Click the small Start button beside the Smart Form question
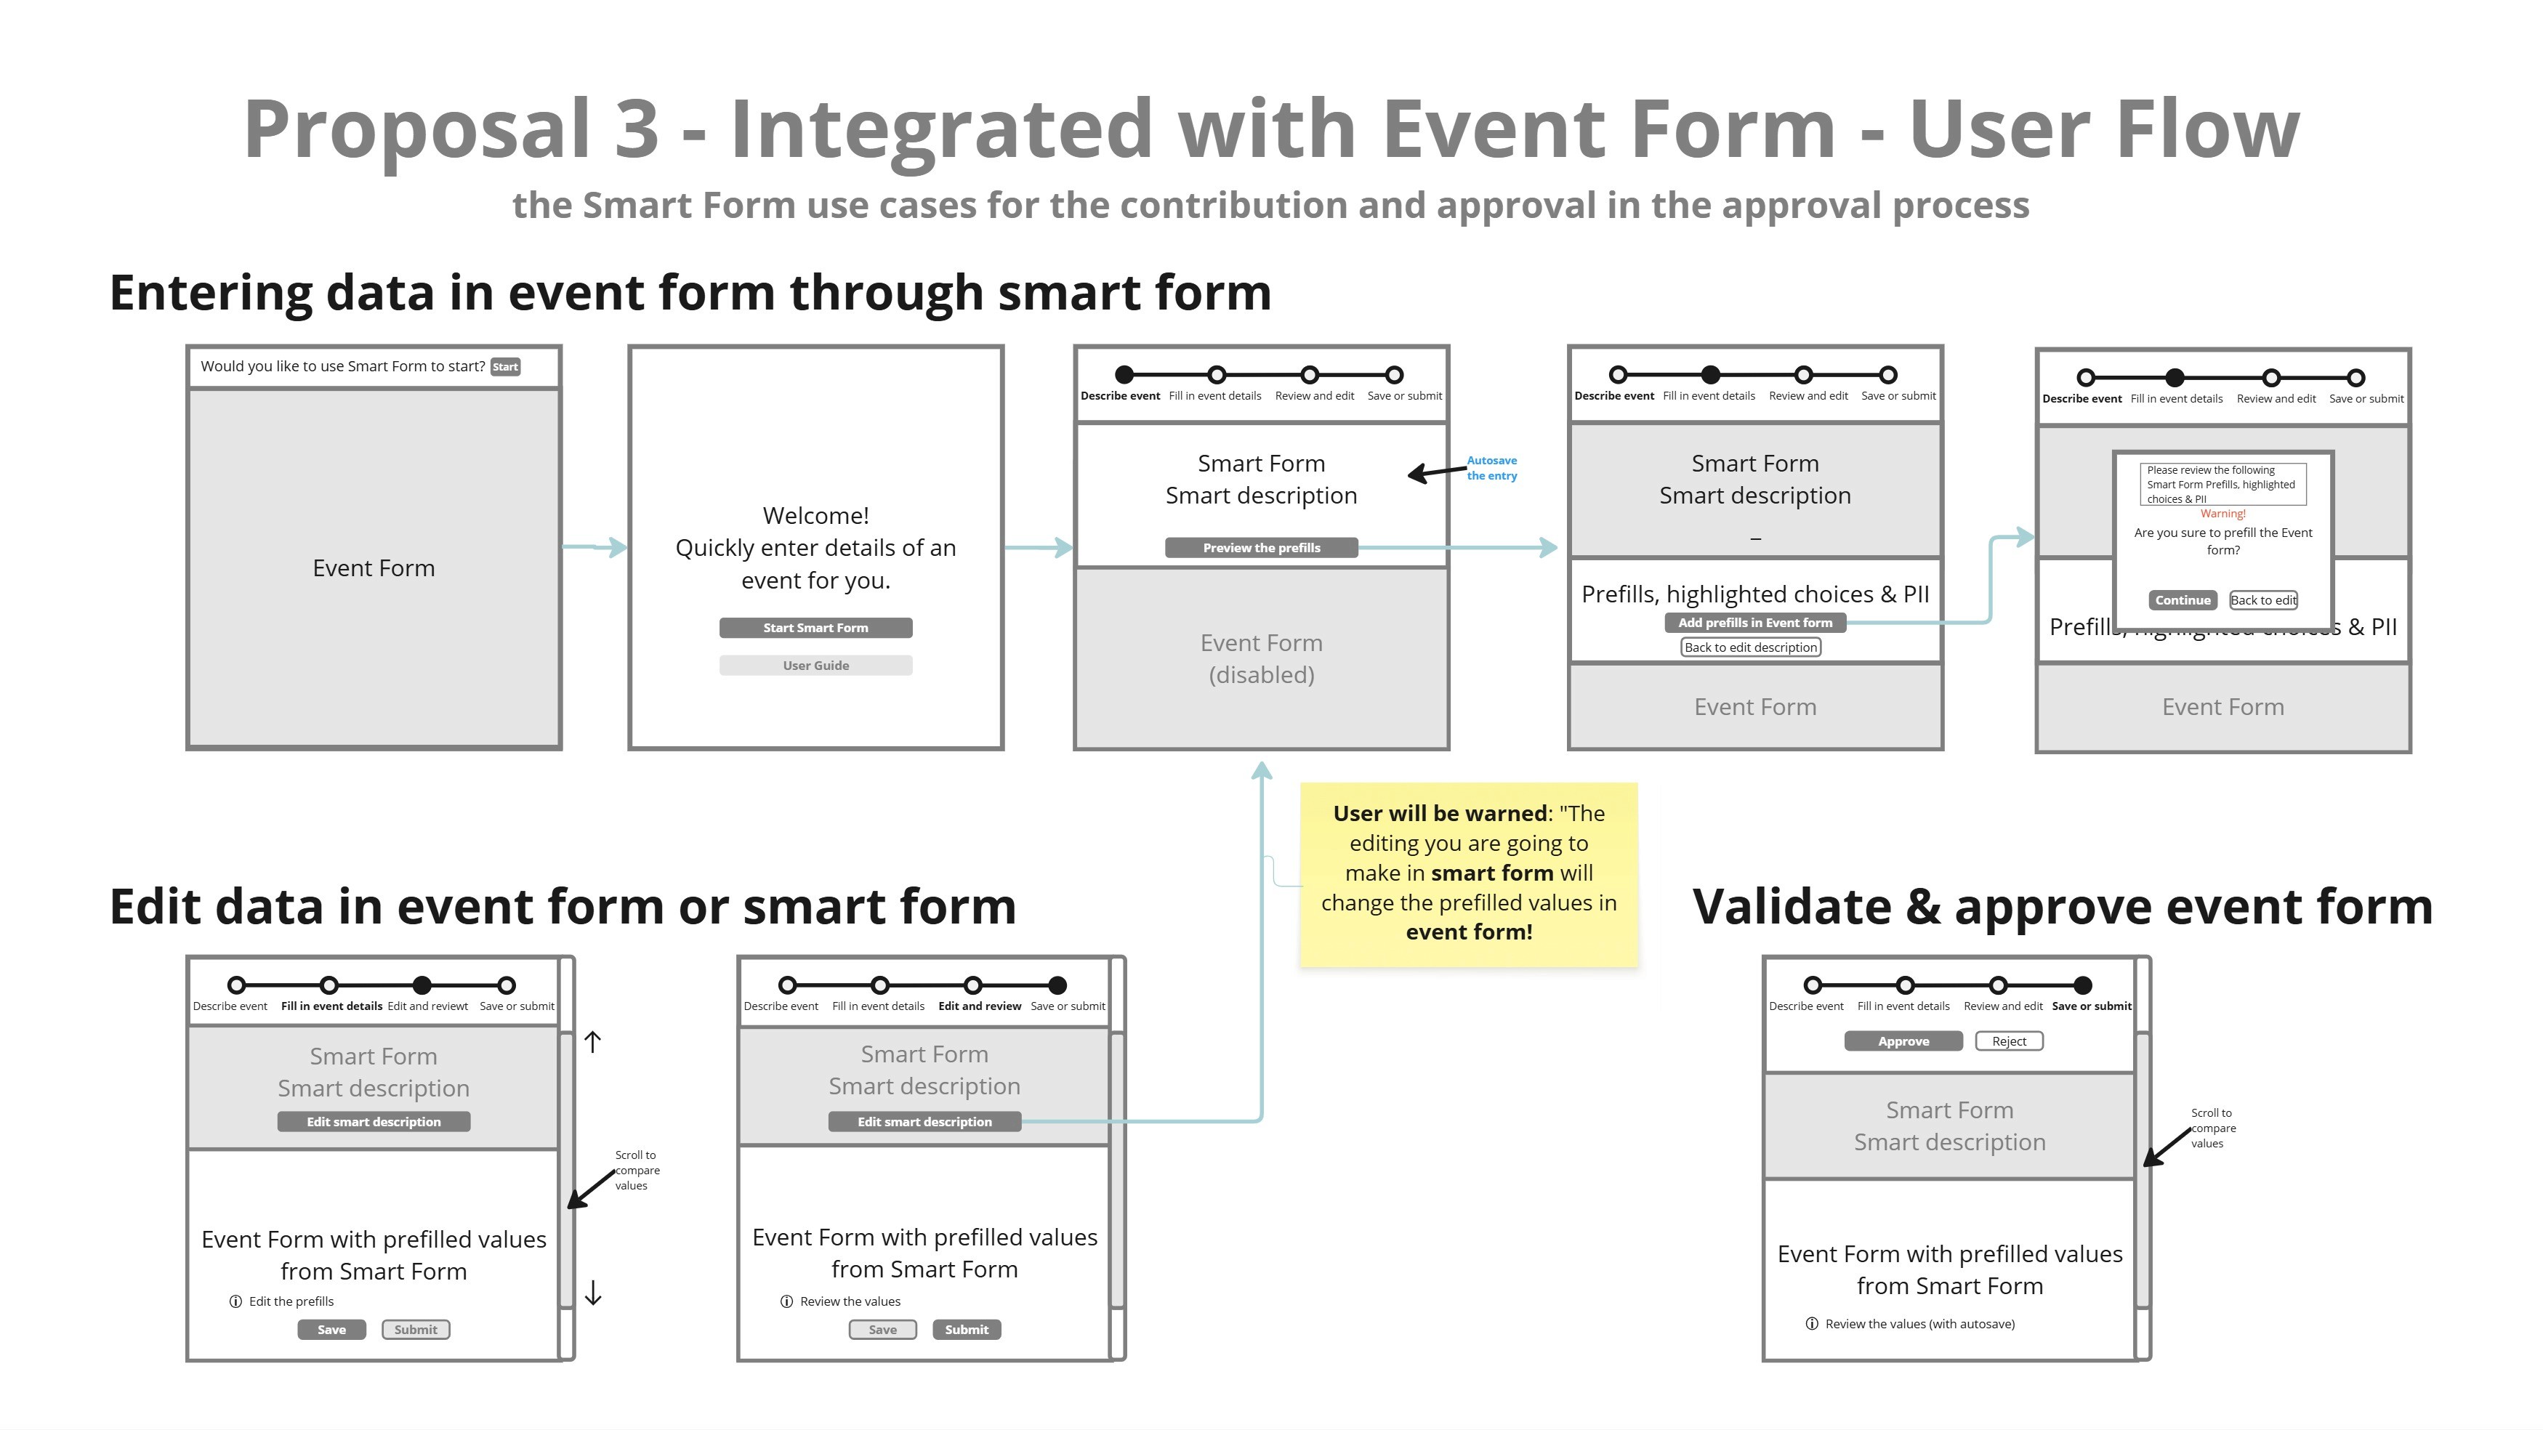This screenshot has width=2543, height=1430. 504,367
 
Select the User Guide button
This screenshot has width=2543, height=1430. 815,665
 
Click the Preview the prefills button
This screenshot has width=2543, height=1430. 1261,548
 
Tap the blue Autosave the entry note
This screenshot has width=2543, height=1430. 1491,468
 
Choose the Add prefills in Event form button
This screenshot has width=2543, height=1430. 1754,623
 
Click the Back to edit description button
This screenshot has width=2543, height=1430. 1750,647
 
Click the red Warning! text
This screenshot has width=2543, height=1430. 2222,514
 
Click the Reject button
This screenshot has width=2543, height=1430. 2008,1041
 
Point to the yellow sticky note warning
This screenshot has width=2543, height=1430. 1468,873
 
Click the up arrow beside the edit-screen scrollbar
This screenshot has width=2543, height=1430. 592,1041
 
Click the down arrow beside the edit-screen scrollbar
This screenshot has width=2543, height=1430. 592,1293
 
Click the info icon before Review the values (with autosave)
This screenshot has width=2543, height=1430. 1811,1323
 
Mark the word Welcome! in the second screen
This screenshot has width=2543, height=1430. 815,516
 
